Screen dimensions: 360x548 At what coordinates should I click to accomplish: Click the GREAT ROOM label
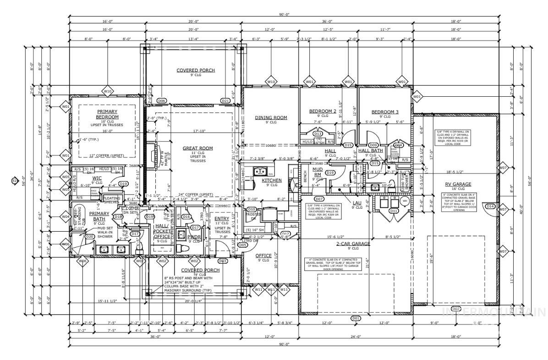click(x=198, y=148)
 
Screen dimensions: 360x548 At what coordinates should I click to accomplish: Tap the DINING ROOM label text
click(x=271, y=118)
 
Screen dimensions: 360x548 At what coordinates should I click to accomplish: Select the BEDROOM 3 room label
click(x=385, y=112)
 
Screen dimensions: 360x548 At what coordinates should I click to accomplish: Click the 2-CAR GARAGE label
click(x=353, y=244)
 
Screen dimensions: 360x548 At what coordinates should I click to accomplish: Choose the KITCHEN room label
click(x=271, y=180)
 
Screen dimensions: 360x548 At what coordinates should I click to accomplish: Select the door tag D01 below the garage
click(x=355, y=318)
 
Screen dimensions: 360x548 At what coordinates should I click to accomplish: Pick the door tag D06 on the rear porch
click(x=161, y=101)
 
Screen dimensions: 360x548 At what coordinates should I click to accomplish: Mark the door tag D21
click(x=225, y=101)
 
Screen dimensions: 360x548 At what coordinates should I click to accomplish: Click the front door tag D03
click(x=223, y=261)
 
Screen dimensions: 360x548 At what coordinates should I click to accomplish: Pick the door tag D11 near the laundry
click(x=393, y=210)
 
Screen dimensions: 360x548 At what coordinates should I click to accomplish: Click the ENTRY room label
click(x=222, y=219)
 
